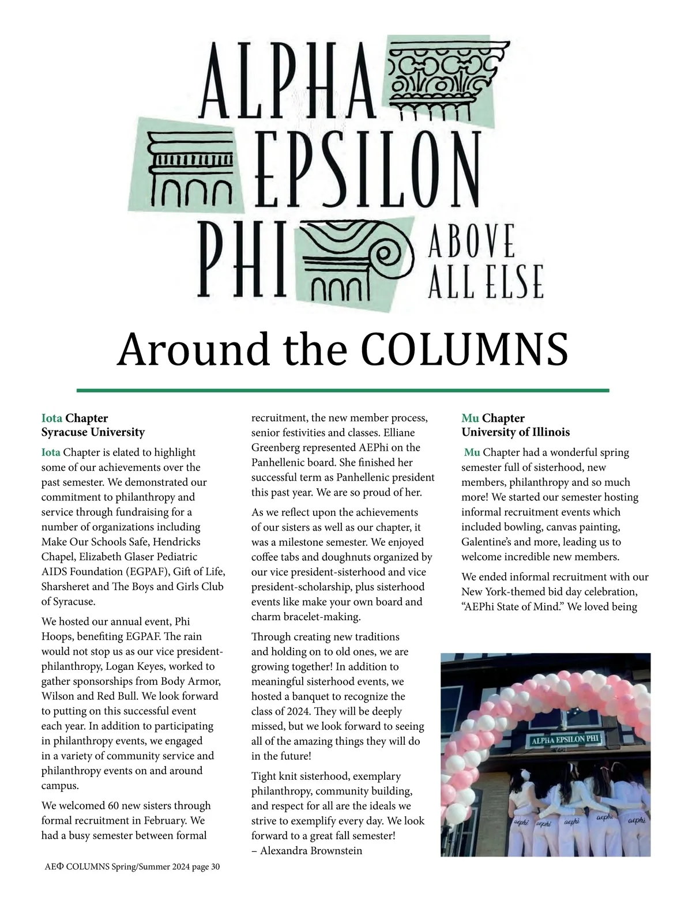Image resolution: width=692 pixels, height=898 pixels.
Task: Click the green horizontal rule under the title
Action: (343, 390)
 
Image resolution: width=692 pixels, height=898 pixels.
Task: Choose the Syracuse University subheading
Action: (93, 432)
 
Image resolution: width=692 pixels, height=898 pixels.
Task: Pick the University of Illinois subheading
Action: (516, 432)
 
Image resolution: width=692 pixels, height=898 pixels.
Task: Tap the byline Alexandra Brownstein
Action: (311, 850)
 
